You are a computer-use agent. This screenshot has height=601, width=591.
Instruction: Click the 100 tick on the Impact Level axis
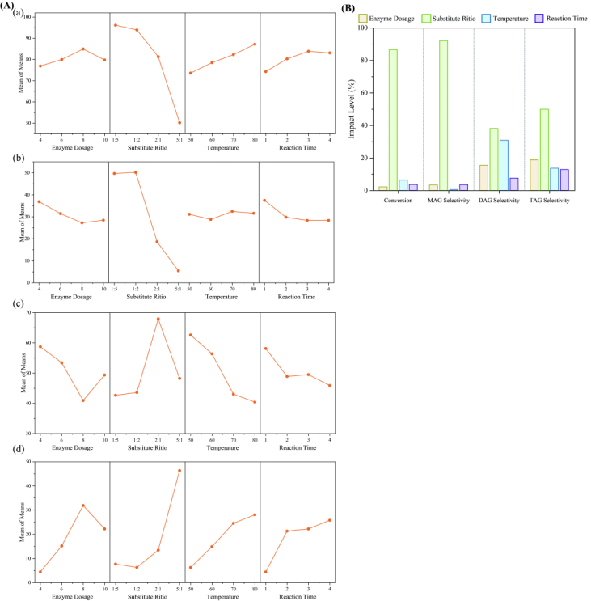[x=363, y=28]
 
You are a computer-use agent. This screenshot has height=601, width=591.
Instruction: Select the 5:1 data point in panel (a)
[x=179, y=123]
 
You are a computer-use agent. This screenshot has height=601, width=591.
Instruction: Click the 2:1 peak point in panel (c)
[x=158, y=319]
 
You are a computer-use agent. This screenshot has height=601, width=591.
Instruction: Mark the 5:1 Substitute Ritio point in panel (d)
[x=179, y=470]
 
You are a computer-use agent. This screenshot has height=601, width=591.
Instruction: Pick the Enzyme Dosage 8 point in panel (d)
[x=82, y=506]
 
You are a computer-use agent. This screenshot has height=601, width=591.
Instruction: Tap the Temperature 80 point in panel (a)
[x=255, y=44]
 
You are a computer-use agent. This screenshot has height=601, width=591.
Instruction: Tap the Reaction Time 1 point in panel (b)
[x=265, y=200]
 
